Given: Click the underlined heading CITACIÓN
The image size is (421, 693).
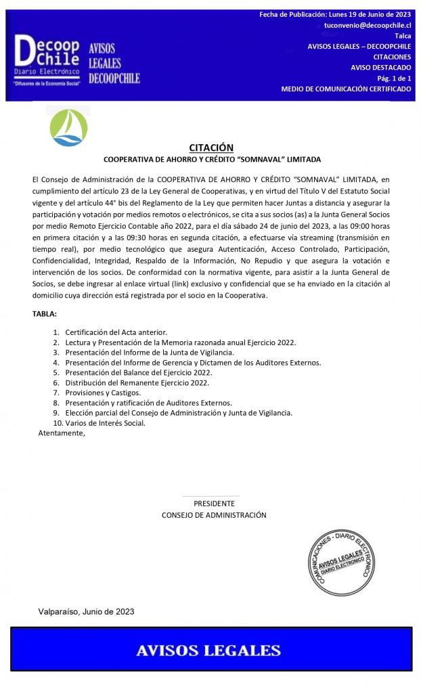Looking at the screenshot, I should point(211,148).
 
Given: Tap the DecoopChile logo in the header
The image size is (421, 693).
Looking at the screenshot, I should point(47,60).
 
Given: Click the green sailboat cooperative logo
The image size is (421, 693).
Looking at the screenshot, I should point(69,127).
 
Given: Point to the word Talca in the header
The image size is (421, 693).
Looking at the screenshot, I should point(402,35).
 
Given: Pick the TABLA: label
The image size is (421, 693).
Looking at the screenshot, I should point(45,314).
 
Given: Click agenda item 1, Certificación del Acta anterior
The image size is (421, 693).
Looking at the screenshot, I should point(116,332).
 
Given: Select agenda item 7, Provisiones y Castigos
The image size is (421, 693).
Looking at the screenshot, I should point(103,393).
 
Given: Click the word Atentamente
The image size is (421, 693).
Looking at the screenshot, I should point(62,433).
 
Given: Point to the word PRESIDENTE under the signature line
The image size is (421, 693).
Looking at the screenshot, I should point(214,504).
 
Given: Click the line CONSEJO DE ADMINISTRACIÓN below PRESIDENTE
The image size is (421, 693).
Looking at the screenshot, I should point(214,515).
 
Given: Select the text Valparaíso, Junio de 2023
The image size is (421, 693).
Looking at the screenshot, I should point(86,611).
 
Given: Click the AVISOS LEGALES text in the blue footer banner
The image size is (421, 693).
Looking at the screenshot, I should point(208,651).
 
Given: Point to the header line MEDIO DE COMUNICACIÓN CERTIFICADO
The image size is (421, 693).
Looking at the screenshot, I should point(346,89).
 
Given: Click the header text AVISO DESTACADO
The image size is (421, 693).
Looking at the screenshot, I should point(380,68).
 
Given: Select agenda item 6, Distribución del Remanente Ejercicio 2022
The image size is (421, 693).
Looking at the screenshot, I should point(137,382).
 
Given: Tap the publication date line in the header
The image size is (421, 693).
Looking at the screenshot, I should point(335,14).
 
